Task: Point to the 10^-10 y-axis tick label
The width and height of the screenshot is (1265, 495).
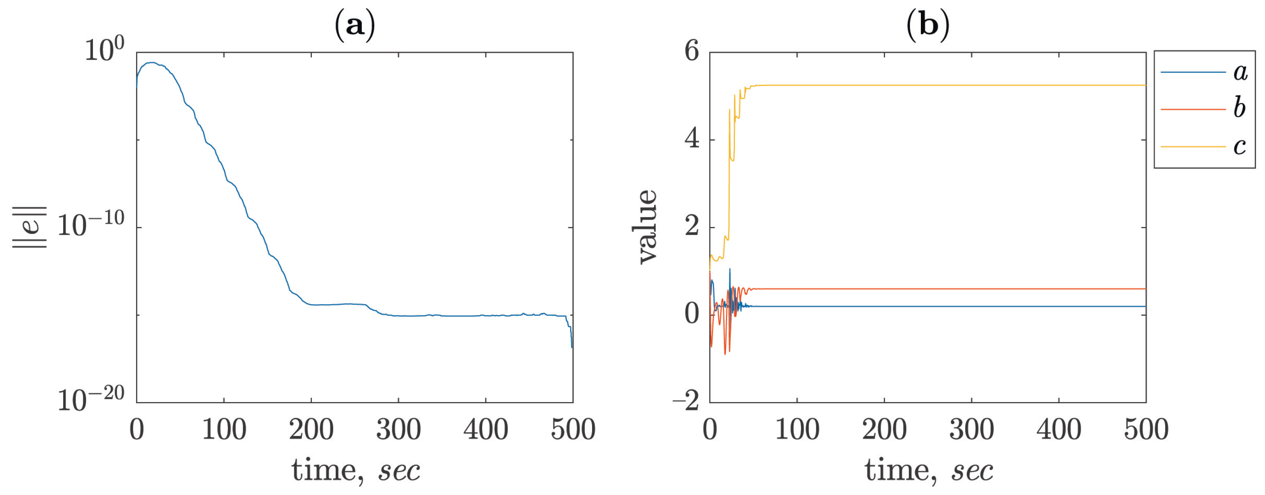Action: [x=91, y=225]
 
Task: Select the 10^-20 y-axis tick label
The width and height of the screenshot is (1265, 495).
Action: [x=91, y=399]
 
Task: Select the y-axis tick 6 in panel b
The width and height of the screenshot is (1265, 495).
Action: [x=691, y=51]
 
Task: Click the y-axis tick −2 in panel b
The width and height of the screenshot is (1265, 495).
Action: [x=686, y=401]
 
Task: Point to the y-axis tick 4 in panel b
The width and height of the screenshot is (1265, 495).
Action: [x=691, y=139]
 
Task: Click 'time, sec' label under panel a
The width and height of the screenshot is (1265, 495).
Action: [x=355, y=470]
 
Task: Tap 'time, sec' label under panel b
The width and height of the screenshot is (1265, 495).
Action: [x=928, y=470]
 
